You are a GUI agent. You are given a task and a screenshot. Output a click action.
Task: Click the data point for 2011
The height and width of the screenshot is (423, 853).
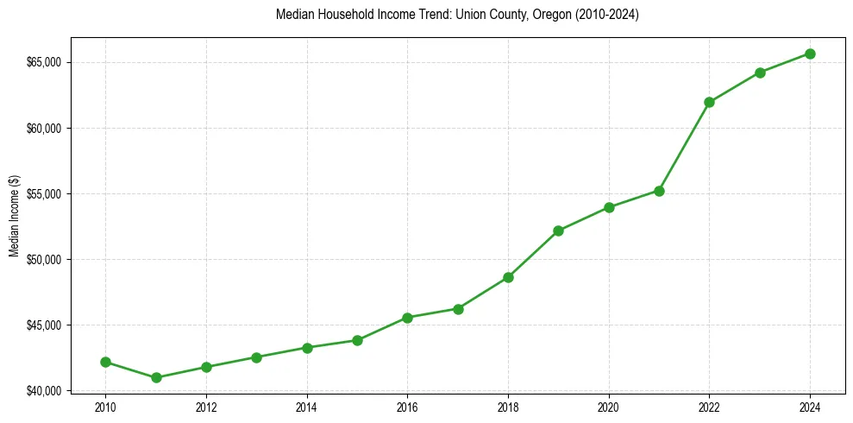pos(156,377)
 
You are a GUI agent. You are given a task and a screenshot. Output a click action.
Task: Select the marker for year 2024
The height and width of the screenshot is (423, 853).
pos(811,54)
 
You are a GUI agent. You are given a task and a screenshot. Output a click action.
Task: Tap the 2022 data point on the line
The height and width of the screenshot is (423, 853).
pos(709,102)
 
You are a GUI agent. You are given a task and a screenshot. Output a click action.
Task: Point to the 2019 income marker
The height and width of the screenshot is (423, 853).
pos(558,230)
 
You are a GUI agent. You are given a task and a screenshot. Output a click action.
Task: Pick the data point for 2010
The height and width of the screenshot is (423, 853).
pos(105,362)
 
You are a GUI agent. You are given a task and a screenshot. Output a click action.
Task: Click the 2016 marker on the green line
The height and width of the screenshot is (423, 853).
pos(407,318)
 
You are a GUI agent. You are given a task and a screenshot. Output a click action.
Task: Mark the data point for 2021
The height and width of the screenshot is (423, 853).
pos(659,191)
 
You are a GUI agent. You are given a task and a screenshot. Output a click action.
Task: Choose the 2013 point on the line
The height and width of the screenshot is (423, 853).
pos(256,357)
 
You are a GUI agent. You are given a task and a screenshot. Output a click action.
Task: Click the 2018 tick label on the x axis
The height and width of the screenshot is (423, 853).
pos(508,406)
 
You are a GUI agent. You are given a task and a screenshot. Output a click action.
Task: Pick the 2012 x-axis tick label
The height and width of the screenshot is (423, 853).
pos(206,406)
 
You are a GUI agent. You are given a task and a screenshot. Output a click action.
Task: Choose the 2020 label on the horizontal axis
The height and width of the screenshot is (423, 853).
pos(609,406)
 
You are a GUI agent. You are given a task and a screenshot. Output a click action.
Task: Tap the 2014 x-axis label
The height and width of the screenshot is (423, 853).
pos(307,406)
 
